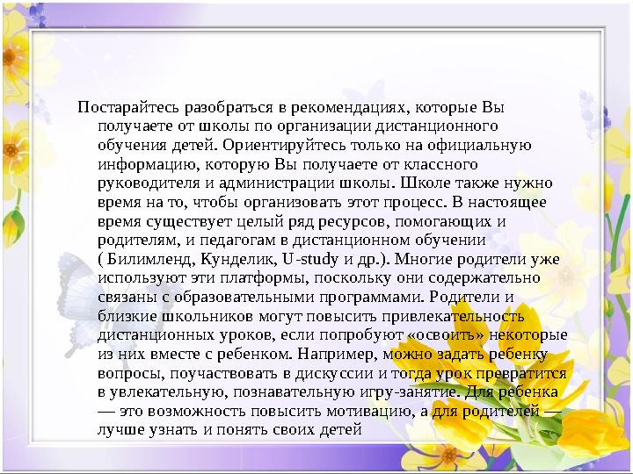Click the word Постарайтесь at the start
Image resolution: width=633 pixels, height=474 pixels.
click(x=119, y=109)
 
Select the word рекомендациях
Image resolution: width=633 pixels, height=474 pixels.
click(x=350, y=109)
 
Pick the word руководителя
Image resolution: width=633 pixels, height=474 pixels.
click(x=150, y=183)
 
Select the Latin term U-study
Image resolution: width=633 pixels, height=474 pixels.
click(x=308, y=259)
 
